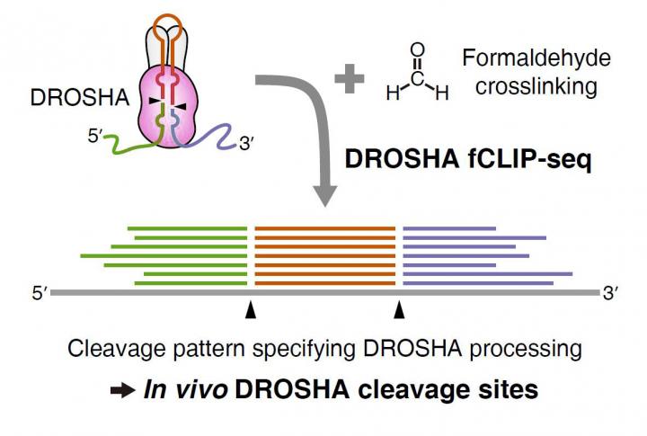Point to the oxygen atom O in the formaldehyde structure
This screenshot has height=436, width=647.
(415, 50)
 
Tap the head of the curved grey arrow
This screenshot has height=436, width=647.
(335, 200)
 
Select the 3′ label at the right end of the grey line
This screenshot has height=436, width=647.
(612, 292)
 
